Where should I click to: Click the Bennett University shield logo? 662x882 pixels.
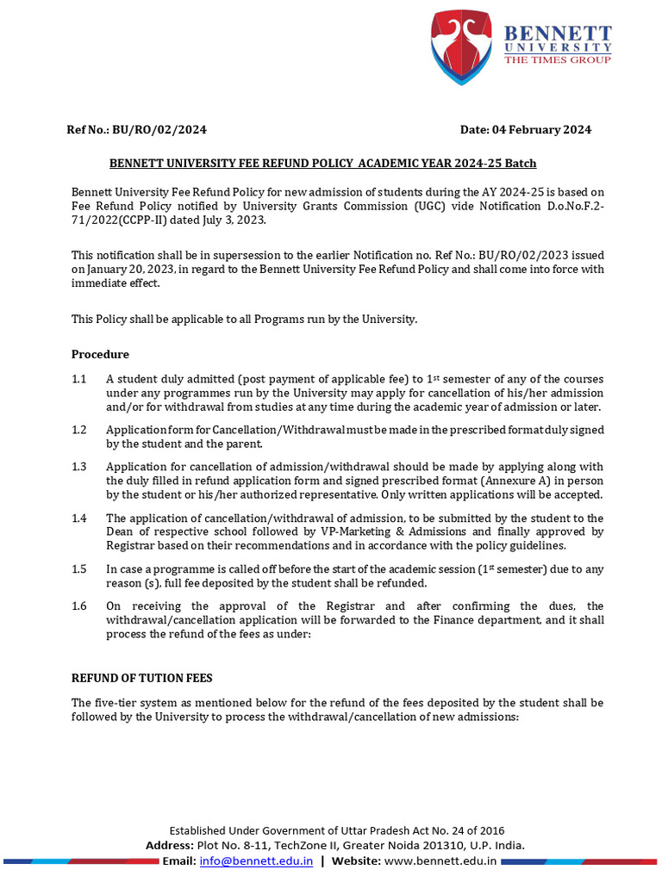465,42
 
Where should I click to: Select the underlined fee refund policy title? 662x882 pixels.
322,163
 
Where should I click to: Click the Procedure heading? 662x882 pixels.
100,354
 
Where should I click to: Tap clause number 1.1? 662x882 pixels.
79,379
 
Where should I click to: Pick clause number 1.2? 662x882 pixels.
79,429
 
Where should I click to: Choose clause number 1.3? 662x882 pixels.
79,466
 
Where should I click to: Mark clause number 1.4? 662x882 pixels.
79,518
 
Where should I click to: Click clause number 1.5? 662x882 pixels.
79,568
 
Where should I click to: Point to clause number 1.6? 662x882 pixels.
79,606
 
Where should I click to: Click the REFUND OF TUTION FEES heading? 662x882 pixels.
141,678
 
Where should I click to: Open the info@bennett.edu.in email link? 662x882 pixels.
256,860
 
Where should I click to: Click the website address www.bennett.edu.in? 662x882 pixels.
440,860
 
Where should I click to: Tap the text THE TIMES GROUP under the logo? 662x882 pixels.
557,59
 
